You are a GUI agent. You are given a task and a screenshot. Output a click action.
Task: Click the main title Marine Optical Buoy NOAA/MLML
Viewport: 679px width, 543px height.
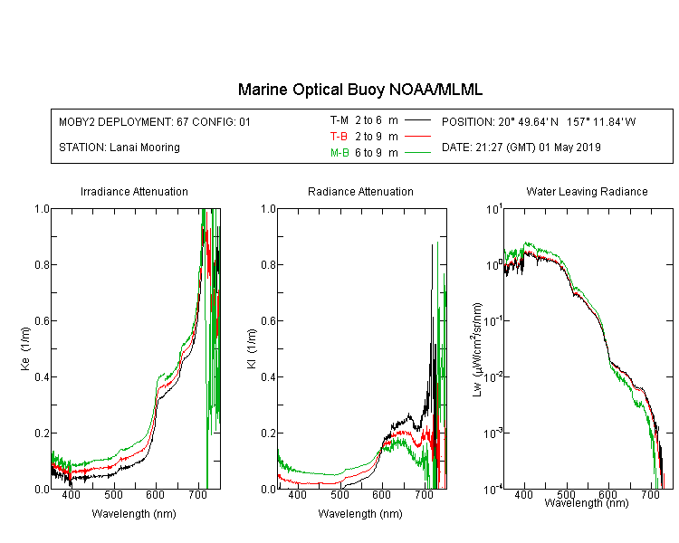[359, 90]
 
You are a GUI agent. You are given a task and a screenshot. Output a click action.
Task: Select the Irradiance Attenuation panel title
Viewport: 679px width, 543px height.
[134, 191]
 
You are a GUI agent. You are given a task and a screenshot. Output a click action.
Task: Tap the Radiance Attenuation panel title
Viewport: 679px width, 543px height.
[360, 191]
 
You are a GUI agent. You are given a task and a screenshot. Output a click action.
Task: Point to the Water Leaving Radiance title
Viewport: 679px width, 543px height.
[587, 191]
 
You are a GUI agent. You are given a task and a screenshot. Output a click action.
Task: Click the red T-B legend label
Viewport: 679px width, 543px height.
[339, 137]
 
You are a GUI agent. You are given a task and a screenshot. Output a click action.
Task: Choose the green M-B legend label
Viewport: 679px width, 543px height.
[339, 153]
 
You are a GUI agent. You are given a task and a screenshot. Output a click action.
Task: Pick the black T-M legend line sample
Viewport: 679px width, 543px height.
[417, 120]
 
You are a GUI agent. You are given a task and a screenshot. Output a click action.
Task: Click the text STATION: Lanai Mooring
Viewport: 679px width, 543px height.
[120, 148]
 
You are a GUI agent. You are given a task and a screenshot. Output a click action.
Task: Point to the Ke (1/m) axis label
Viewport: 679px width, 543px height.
[25, 349]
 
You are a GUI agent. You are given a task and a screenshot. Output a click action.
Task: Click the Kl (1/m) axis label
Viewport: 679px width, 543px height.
[252, 349]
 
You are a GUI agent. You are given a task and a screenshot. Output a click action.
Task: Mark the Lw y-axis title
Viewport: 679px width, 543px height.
[477, 349]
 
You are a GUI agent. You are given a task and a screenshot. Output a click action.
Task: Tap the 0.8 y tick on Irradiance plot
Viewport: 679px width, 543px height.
[42, 264]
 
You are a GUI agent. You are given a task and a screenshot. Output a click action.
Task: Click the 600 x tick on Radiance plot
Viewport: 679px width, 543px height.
[381, 494]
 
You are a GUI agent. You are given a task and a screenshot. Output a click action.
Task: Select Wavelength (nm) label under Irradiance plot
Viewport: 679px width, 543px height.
[134, 514]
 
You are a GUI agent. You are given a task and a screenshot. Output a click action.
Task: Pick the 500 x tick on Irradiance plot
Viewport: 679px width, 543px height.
[113, 494]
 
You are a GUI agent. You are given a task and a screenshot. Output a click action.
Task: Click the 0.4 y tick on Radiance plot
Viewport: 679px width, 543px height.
[269, 376]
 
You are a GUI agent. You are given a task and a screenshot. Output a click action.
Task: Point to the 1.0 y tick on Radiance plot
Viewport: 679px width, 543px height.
[269, 209]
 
